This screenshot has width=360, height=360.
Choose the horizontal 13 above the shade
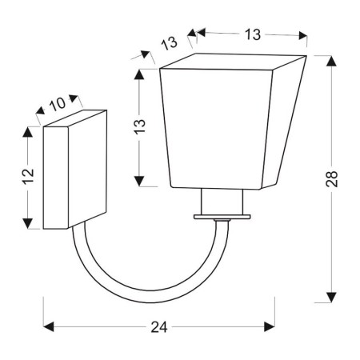(251, 34)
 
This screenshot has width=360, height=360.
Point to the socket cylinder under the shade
(220, 202)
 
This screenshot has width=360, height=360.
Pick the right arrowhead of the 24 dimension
(270, 327)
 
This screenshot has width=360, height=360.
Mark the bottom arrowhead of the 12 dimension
(29, 223)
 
